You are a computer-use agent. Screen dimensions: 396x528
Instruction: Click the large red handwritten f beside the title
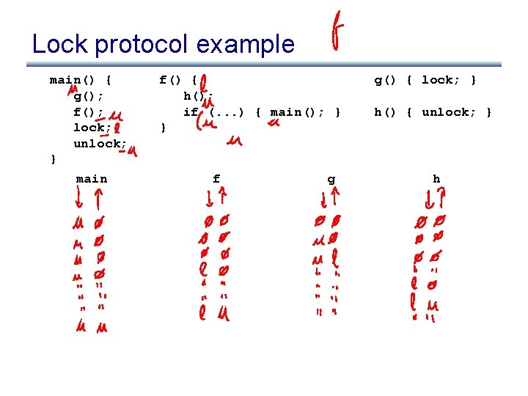(337, 32)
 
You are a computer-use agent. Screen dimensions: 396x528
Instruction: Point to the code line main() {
(80, 80)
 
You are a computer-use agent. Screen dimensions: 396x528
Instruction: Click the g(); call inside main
(88, 96)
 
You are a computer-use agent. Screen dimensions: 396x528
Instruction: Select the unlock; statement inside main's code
(100, 144)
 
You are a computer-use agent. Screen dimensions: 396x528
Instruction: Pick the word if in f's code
(191, 112)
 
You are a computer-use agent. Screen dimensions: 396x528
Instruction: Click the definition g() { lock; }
(425, 80)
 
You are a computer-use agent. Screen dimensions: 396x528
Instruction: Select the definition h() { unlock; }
(433, 112)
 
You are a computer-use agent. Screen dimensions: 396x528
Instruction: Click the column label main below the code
(92, 179)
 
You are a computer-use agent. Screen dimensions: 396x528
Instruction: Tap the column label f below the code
(216, 179)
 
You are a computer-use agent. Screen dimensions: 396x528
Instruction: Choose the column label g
(331, 179)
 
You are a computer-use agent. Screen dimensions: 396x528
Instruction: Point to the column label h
(436, 179)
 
